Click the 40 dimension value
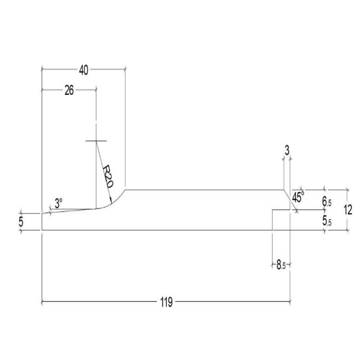[x=83, y=70]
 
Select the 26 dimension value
[x=69, y=90]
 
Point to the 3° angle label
[x=58, y=203]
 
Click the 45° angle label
[x=298, y=196]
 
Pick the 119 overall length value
[x=166, y=302]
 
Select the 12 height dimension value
[x=348, y=210]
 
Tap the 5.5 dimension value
[x=327, y=222]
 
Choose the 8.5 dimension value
[x=281, y=266]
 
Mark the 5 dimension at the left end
[x=21, y=222]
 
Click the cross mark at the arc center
[x=96, y=140]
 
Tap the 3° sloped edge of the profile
[x=70, y=211]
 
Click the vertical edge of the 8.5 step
[x=272, y=220]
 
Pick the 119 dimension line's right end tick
[x=290, y=302]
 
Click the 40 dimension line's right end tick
[x=126, y=70]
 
